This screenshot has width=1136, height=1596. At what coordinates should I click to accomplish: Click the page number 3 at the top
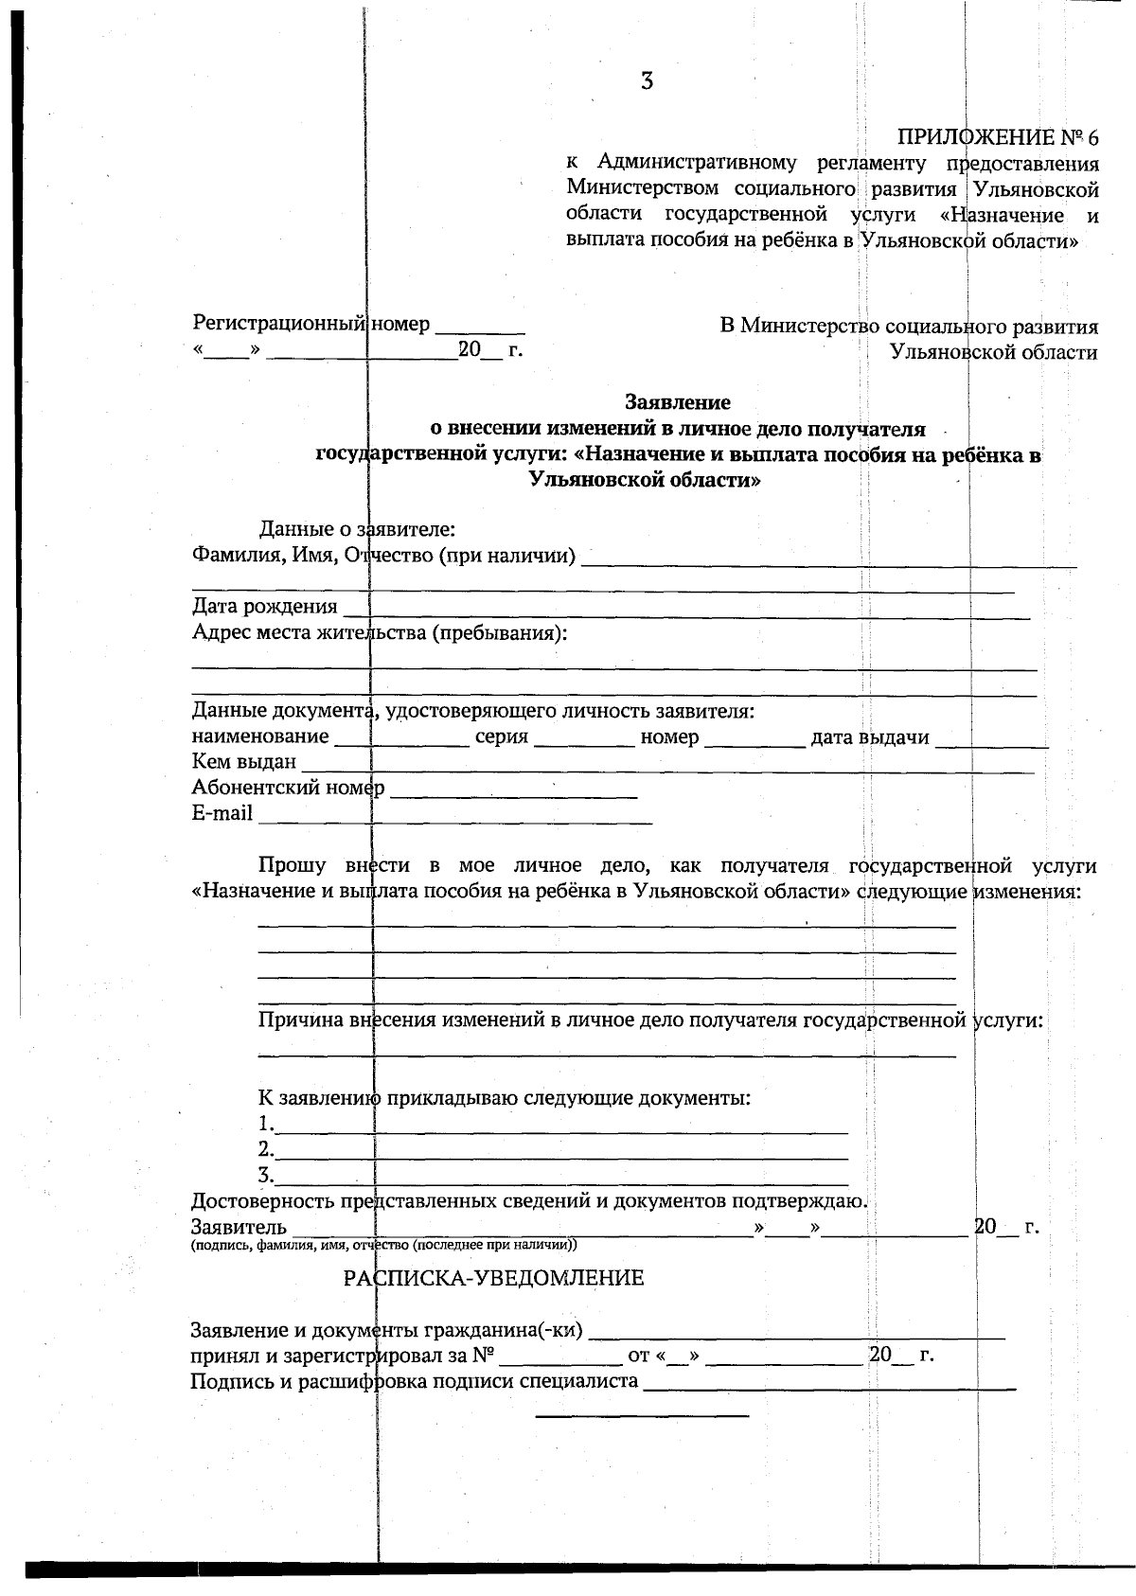tap(647, 81)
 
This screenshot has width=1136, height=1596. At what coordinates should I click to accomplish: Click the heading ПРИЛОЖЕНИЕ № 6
tap(997, 138)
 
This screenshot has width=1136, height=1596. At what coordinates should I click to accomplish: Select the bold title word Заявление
tap(677, 402)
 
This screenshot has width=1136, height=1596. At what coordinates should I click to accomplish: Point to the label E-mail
tap(222, 813)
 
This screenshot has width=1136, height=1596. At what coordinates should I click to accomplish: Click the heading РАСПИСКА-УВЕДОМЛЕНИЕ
tap(493, 1279)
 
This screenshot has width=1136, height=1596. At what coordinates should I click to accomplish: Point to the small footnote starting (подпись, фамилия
tap(383, 1246)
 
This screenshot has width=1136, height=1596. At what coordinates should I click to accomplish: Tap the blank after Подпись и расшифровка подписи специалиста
tap(829, 1385)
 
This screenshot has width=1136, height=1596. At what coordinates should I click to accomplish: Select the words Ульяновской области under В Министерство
tap(993, 353)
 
